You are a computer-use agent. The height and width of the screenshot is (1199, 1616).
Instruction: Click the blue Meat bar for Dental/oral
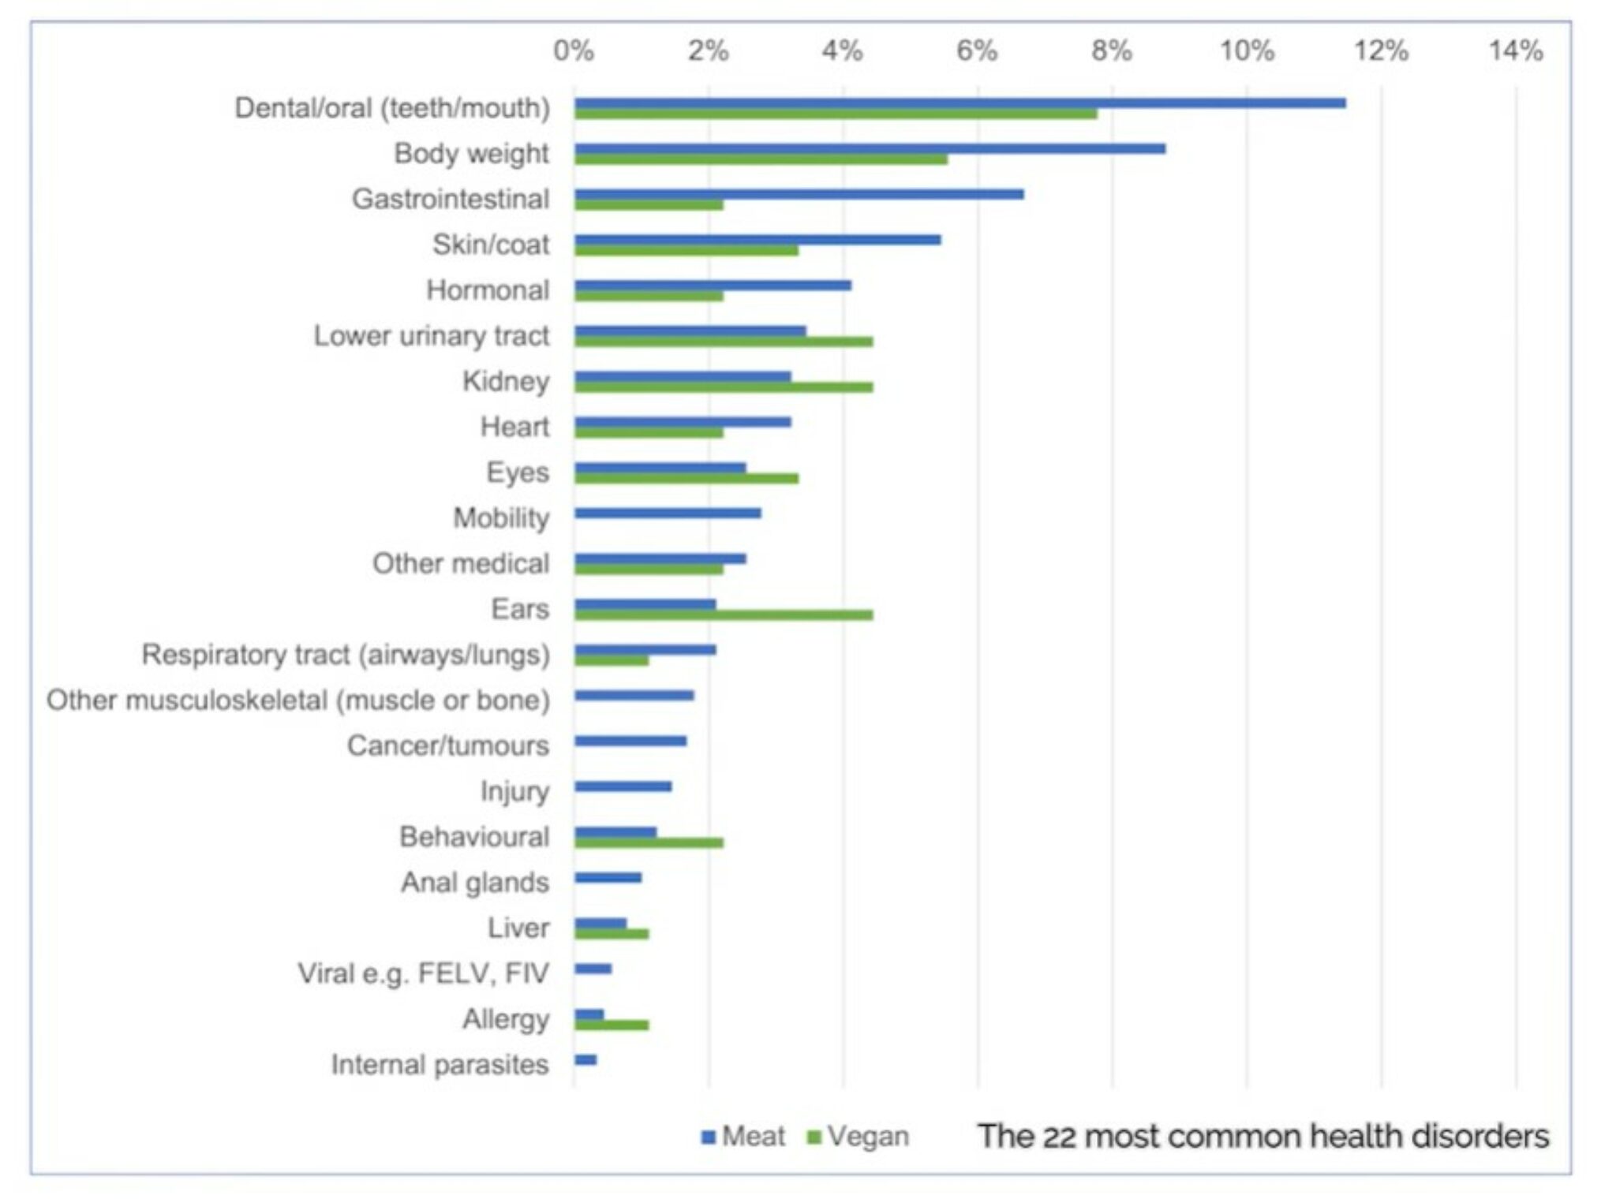959,103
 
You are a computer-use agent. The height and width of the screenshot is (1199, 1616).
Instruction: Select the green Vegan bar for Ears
724,615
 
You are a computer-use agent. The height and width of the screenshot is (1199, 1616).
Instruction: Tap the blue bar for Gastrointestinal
799,194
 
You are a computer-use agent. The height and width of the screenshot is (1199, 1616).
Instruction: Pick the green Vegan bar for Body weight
761,159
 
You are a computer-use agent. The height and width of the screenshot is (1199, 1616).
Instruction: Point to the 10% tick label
1246,51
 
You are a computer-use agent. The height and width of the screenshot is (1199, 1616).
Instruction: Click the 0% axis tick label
574,51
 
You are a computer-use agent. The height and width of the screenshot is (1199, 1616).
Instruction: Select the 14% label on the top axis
1515,51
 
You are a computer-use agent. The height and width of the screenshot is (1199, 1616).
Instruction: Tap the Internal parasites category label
440,1065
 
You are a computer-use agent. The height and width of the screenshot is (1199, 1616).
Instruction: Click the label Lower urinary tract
431,336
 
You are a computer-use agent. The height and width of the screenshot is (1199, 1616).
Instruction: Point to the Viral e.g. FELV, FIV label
423,973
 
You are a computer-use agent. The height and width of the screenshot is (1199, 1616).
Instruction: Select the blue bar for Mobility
668,514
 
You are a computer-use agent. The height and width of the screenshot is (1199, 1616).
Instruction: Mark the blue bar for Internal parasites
585,1059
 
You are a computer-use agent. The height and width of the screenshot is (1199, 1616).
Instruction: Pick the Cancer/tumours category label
447,746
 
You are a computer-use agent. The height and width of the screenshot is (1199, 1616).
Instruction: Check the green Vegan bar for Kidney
724,387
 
